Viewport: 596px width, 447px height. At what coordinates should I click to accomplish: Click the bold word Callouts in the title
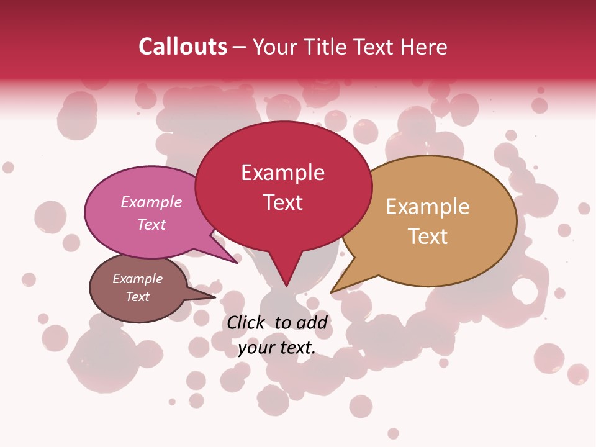pyautogui.click(x=183, y=47)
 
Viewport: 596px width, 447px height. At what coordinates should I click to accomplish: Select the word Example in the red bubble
pyautogui.click(x=282, y=173)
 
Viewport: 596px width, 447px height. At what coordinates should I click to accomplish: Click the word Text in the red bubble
pyautogui.click(x=282, y=202)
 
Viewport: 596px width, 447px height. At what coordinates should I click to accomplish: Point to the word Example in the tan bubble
pyautogui.click(x=427, y=207)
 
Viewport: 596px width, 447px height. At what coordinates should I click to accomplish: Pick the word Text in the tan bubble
pyautogui.click(x=427, y=237)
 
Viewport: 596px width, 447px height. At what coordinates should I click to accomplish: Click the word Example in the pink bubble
pyautogui.click(x=151, y=202)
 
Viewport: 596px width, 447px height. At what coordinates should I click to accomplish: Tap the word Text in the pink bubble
pyautogui.click(x=151, y=224)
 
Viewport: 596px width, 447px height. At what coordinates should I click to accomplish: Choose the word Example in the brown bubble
pyautogui.click(x=137, y=279)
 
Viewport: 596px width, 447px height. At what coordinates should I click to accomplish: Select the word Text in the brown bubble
pyautogui.click(x=137, y=297)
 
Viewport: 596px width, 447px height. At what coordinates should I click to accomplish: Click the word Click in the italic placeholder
pyautogui.click(x=246, y=322)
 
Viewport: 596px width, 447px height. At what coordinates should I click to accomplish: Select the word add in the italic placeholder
pyautogui.click(x=312, y=322)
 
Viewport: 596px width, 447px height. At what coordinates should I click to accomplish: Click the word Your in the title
pyautogui.click(x=275, y=47)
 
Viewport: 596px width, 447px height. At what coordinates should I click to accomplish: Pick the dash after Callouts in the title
pyautogui.click(x=239, y=47)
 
